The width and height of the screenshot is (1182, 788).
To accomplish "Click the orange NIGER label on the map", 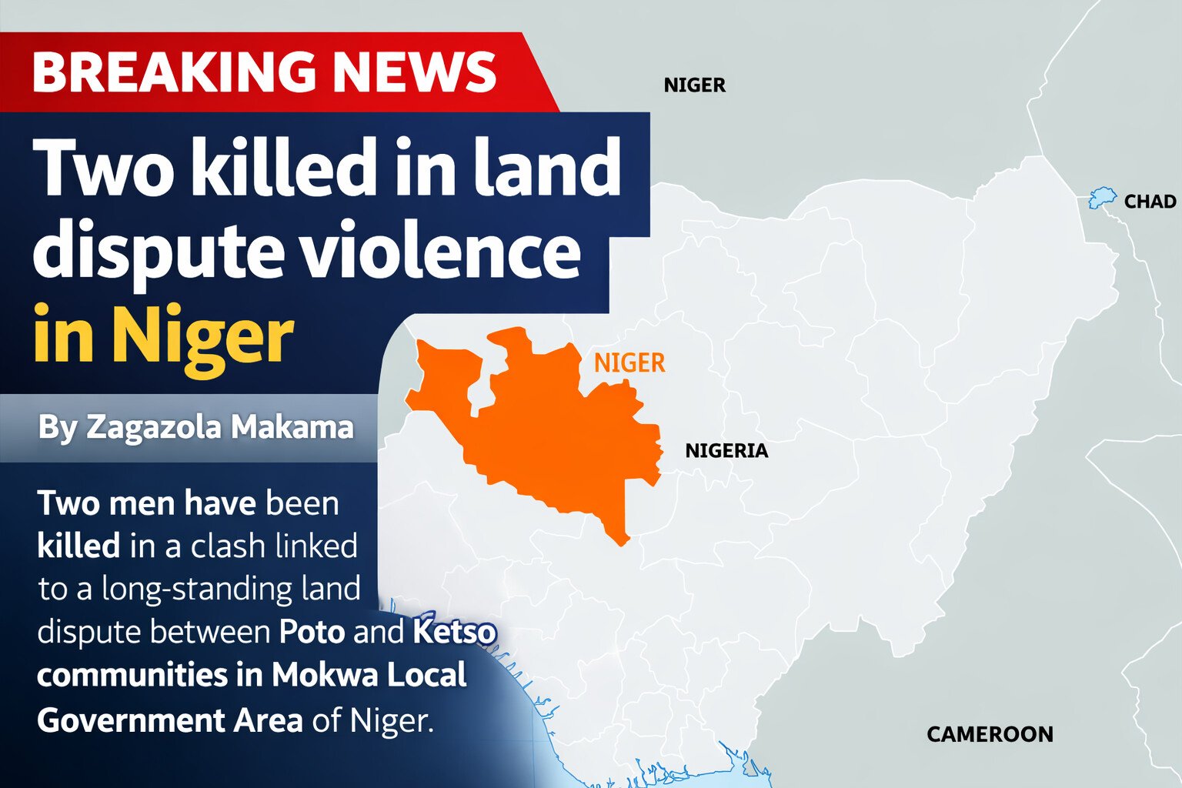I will [629, 362].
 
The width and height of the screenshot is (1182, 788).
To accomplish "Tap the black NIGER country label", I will [694, 85].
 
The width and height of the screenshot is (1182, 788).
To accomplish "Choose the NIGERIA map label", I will [726, 451].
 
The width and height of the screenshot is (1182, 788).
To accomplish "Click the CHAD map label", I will [1150, 202].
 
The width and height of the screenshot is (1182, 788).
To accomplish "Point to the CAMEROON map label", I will [990, 734].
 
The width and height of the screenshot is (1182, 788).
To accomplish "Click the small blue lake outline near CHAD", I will [1102, 199].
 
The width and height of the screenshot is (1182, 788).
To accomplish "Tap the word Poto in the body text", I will [311, 632].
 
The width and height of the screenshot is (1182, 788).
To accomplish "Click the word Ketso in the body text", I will [454, 632].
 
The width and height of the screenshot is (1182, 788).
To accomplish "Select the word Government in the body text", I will [130, 720].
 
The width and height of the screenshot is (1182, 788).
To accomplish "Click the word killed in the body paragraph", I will [78, 546].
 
